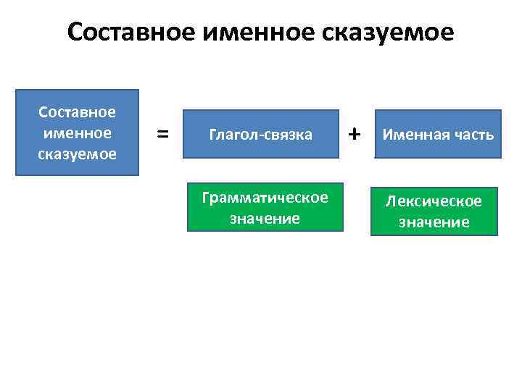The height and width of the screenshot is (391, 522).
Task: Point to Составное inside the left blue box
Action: pos(77,112)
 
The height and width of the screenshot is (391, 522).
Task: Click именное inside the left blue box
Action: pos(77,133)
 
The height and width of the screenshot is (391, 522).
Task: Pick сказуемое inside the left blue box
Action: pos(77,154)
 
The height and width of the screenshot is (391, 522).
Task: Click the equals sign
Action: pos(163,133)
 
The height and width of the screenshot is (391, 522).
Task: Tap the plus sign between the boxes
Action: pos(354,133)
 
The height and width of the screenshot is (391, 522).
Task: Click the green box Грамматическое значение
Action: pos(265,208)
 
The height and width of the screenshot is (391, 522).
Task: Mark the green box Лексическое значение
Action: pos(434,211)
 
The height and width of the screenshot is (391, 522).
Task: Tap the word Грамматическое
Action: pos(265,198)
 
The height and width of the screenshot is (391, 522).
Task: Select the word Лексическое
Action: pos(434,201)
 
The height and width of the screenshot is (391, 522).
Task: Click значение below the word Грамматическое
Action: pos(265,219)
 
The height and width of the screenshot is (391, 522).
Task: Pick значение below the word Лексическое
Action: pos(434,222)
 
